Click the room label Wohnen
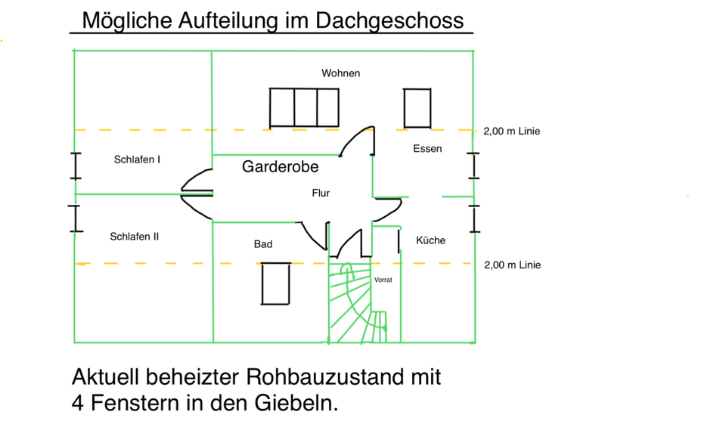[x=340, y=73]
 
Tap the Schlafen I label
[x=137, y=160]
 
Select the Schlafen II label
[x=135, y=237]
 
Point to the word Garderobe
[x=280, y=167]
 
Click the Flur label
[x=321, y=194]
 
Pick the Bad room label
[x=263, y=244]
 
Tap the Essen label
[x=427, y=149]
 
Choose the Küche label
[x=431, y=240]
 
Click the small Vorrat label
[x=383, y=280]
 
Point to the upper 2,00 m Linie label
[x=512, y=132]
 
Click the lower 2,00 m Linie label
[x=512, y=265]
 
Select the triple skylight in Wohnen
[x=305, y=107]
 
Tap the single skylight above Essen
[x=417, y=107]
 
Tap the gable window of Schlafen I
[x=75, y=166]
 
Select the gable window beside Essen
[x=473, y=166]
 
